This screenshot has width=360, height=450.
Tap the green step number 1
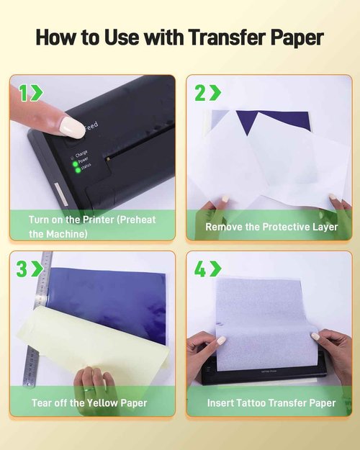tap(24, 93)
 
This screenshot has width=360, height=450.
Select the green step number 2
tap(200, 93)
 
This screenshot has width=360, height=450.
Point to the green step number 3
tap(22, 269)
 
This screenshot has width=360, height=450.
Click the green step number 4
tap(200, 269)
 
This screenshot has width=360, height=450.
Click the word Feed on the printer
tap(91, 126)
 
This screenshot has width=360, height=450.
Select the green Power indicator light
tap(75, 164)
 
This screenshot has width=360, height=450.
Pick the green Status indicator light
tap(78, 171)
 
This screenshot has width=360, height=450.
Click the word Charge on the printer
tap(81, 154)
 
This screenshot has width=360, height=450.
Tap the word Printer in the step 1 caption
tap(98, 220)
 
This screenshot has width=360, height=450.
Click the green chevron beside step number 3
tap(37, 269)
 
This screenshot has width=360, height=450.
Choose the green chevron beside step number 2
tap(215, 93)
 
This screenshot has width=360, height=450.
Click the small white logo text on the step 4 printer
tap(269, 371)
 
